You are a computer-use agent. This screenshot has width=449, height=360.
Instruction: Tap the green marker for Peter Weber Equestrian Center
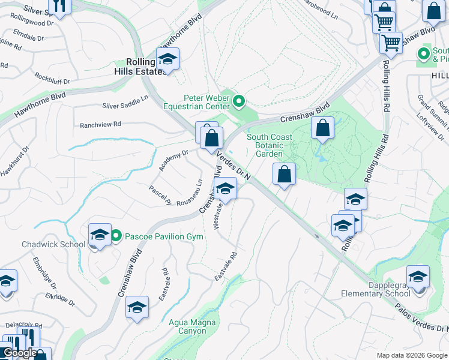click(x=239, y=101)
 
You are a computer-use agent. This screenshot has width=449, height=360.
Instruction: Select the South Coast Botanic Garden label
click(x=270, y=145)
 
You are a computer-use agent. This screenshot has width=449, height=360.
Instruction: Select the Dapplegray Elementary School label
click(x=376, y=289)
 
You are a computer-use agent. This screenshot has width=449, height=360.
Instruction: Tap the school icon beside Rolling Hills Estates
click(x=168, y=59)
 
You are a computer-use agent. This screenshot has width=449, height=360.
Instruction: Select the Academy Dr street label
click(x=173, y=160)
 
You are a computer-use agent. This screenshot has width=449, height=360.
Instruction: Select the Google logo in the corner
click(x=20, y=353)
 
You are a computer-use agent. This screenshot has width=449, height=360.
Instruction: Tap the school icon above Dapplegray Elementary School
click(x=418, y=276)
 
